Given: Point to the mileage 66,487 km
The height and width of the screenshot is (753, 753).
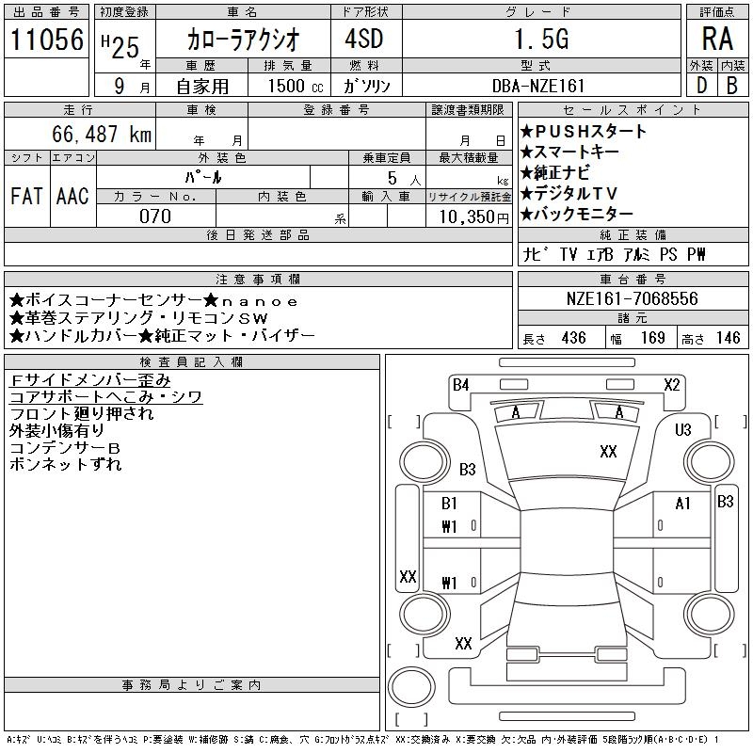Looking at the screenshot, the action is click(103, 135).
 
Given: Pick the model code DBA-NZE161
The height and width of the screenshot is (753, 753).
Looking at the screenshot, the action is click(538, 86).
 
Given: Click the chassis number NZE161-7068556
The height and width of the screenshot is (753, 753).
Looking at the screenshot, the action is click(633, 298).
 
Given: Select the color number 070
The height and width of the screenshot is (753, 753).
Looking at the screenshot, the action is click(154, 216).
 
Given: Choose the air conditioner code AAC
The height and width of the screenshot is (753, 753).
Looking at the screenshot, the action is click(72, 197).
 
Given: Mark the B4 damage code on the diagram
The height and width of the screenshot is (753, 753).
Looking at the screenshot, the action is click(460, 384).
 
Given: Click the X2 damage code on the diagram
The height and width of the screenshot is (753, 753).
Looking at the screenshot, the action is click(672, 384).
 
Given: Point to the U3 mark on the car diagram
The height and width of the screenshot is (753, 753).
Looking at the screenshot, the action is click(683, 430).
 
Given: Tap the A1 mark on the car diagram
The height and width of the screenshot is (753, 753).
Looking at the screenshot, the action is click(683, 504).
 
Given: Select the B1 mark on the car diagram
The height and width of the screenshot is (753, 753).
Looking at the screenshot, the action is click(449, 504).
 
